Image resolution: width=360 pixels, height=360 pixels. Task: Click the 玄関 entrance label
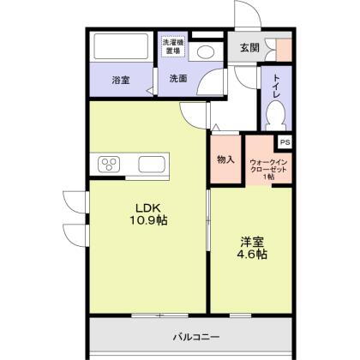(x=249, y=48)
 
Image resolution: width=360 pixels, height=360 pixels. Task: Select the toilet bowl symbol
(x=276, y=113)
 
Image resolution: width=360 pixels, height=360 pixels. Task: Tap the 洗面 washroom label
(x=177, y=80)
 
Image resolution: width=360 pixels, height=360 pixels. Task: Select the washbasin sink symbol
(x=205, y=51)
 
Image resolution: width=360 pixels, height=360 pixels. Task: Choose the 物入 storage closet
(x=226, y=159)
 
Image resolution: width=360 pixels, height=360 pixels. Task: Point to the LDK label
(x=142, y=207)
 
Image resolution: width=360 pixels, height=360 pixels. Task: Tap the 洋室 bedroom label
(x=251, y=241)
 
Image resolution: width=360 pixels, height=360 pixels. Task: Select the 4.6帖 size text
(x=252, y=255)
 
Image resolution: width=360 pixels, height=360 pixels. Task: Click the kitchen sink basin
(x=152, y=163)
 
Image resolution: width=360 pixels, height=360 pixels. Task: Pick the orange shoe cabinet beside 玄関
(x=283, y=48)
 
